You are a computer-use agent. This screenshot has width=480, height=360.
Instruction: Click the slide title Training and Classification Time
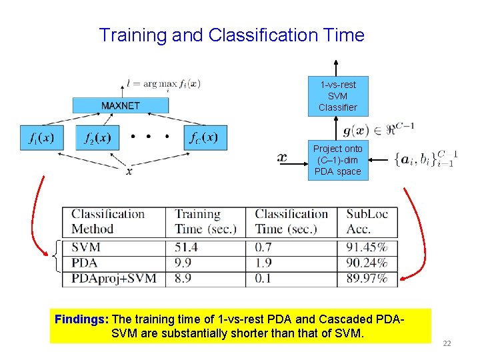coord(231,35)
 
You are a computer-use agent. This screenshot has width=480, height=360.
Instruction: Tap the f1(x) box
coord(41,138)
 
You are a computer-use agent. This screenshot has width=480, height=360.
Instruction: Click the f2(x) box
coord(97,138)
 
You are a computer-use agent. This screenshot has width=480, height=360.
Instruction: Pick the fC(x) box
coord(205,138)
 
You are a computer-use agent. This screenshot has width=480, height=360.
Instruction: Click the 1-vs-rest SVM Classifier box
coord(337,96)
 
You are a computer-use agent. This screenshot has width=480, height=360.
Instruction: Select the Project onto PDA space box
coord(337,160)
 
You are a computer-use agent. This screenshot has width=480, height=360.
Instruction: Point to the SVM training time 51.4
coord(185,247)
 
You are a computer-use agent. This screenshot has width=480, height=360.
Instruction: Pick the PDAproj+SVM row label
coord(113,278)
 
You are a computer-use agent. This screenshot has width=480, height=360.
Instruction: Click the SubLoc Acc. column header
coord(368,221)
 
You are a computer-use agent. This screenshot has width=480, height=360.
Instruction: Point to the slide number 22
coord(447,343)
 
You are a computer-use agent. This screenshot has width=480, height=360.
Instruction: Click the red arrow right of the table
coord(419,233)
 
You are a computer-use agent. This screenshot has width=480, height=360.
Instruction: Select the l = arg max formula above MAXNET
coord(163,84)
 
